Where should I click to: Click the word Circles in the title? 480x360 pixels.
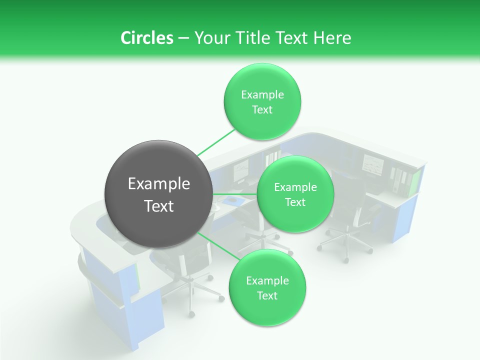(x=146, y=37)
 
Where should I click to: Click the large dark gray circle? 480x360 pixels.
(x=158, y=194)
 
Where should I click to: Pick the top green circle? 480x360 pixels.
(x=262, y=101)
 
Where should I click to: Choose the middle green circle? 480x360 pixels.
(x=295, y=194)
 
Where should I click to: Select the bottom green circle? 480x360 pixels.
(x=267, y=287)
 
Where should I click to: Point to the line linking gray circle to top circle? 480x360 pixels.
(x=216, y=142)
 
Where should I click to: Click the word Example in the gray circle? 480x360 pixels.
(x=159, y=184)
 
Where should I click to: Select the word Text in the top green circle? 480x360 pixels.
(x=262, y=110)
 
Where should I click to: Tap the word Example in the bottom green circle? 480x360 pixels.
(x=267, y=280)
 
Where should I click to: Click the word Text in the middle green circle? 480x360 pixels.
(x=295, y=202)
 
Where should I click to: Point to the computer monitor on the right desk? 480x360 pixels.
(x=372, y=164)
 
